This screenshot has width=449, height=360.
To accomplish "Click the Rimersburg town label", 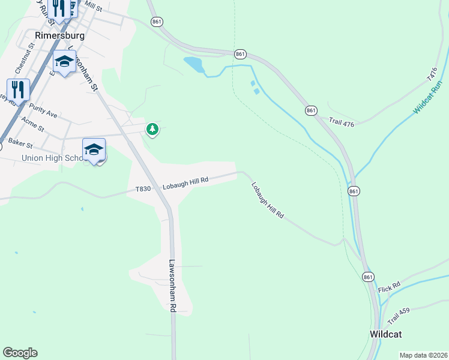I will tap(59, 35).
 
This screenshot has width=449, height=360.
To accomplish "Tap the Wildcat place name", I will tap(385, 334).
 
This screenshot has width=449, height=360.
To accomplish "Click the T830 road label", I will tap(143, 189).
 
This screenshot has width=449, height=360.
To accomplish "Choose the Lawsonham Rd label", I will tap(172, 285).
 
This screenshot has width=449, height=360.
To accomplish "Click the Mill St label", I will tap(93, 6).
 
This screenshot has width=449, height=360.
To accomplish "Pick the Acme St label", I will tap(32, 124).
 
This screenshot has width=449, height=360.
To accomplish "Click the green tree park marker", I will tap(152, 128).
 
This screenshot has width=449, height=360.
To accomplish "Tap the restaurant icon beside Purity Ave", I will tap(18, 90).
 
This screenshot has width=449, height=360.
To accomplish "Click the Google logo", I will tap(20, 353).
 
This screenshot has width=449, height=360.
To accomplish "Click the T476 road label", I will tap(432, 75).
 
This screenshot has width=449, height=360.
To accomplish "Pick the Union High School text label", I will tap(52, 158).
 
